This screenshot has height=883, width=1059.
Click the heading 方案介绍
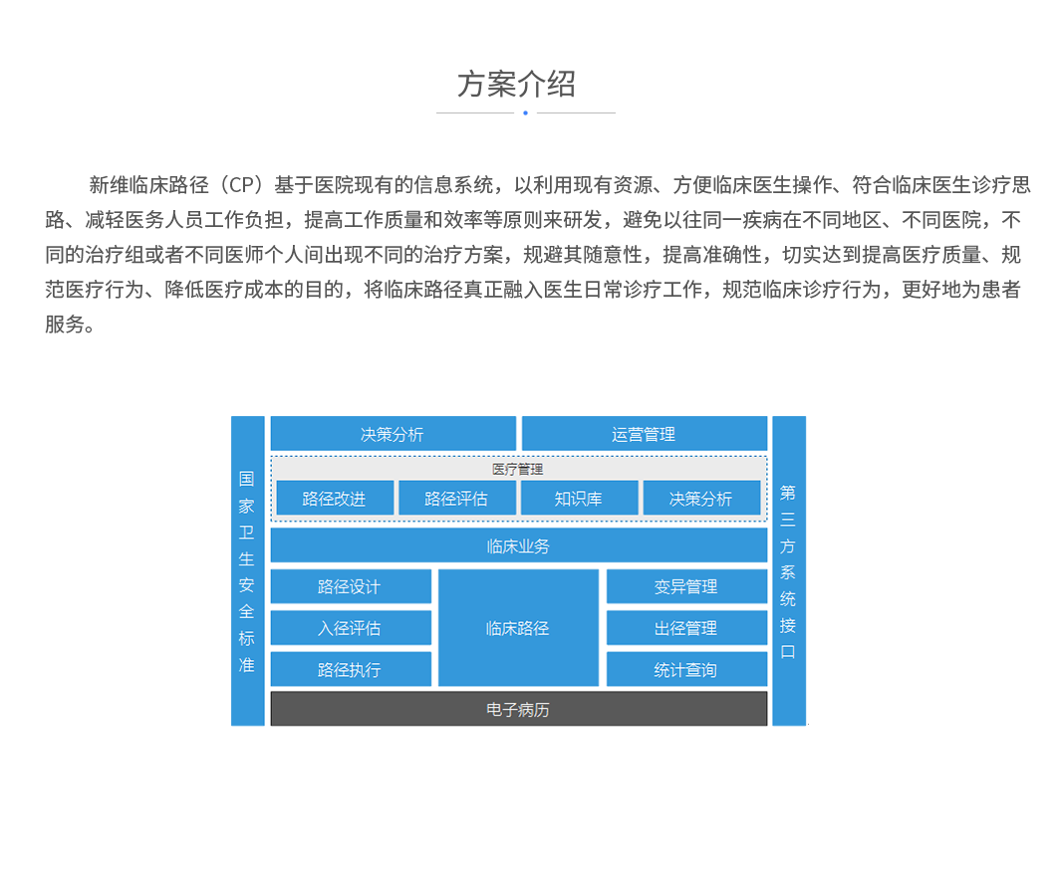coord(516,85)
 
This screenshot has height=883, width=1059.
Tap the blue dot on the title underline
coord(525,112)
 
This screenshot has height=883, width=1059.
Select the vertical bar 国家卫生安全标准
coord(247,570)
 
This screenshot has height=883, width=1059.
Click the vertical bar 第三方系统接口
coord(788,570)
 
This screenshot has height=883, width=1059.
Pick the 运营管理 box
coord(644,434)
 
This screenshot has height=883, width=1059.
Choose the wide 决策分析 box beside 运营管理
coord(393,434)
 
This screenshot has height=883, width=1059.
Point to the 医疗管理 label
coord(518,469)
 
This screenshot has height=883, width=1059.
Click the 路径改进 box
coord(334,499)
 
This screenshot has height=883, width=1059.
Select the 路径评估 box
coord(456,499)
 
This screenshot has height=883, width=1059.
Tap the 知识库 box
coord(579,499)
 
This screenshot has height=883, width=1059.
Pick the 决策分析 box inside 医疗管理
coord(701,499)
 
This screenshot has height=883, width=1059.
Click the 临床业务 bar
coord(518,546)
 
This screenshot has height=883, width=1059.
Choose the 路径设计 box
coord(350,586)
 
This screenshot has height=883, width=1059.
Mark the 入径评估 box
coord(350,628)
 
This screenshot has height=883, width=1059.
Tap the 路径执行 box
coord(350,670)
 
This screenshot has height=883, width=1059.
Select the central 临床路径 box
coord(518,628)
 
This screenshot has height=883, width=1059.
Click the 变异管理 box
coord(686,586)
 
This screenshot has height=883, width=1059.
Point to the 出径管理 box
coord(686,628)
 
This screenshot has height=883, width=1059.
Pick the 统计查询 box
coord(686,670)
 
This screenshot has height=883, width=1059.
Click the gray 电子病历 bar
coord(518,710)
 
